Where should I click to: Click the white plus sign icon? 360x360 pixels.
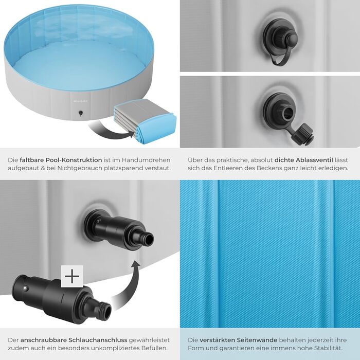click(x=72, y=276)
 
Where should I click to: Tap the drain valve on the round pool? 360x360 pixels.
click(x=81, y=113)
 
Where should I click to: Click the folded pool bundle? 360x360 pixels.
click(x=146, y=120)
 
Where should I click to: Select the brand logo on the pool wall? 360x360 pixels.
click(x=79, y=101)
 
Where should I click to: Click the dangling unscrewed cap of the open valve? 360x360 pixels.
click(x=303, y=134)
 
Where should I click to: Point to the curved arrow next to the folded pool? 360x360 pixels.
click(x=110, y=131)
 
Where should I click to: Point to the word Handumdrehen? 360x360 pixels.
click(x=146, y=160)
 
